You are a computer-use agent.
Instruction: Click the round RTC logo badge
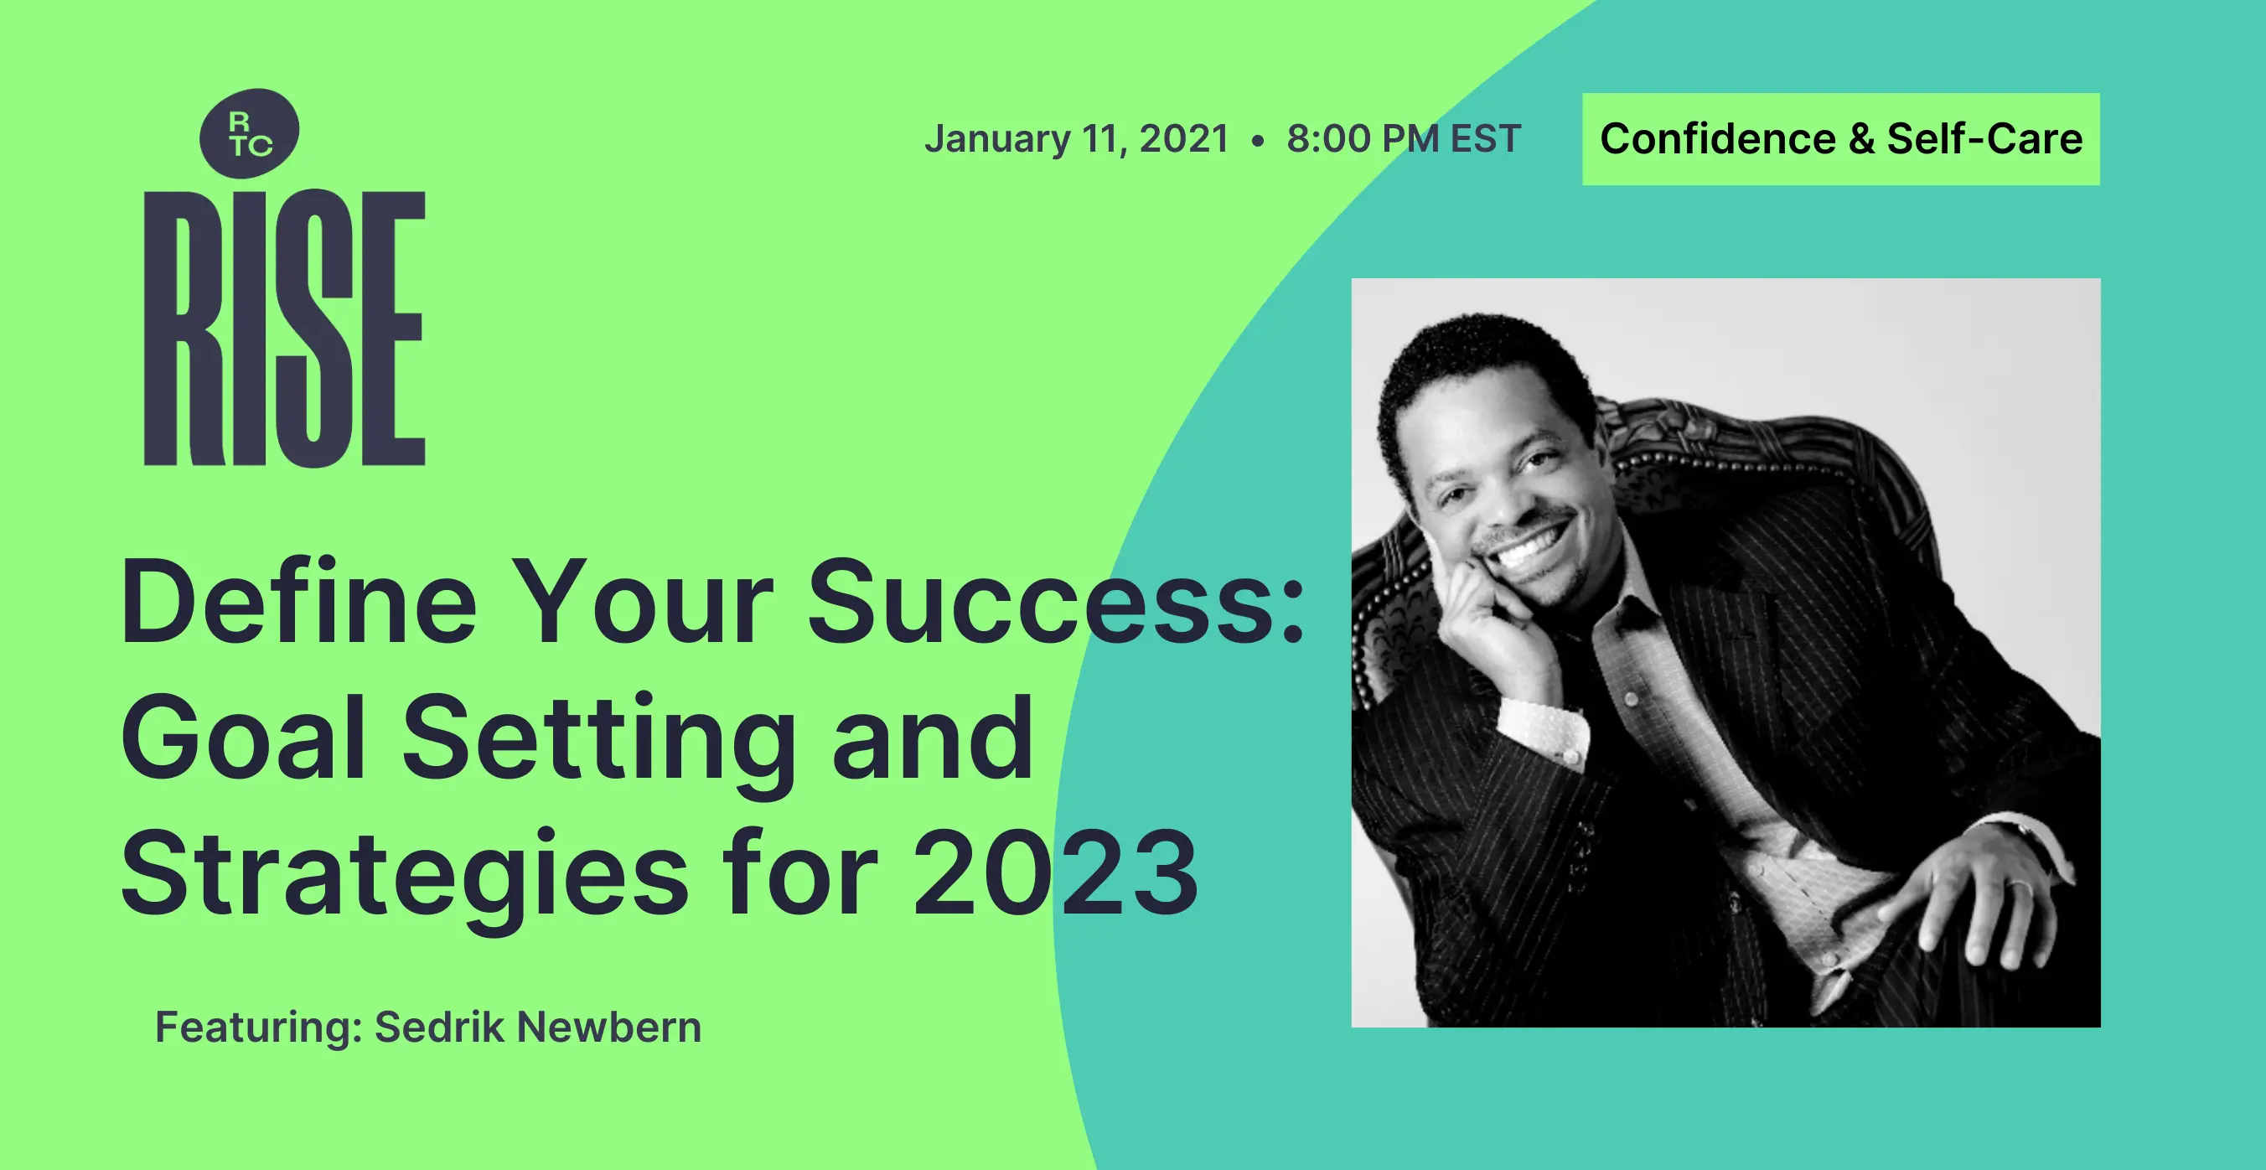pos(250,132)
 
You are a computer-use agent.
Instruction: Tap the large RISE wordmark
pos(284,327)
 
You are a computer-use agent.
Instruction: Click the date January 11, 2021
pos(1077,140)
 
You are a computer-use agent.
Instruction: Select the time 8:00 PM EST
pos(1404,139)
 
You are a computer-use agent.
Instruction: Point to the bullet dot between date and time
pos(1258,141)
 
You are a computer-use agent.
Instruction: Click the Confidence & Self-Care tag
pos(1841,139)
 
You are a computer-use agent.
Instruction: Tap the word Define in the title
pos(299,602)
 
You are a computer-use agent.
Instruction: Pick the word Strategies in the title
pos(405,881)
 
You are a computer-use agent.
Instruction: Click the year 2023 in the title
pos(1057,873)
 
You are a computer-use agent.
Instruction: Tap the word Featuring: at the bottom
pos(259,1028)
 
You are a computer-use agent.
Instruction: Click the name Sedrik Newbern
pos(538,1027)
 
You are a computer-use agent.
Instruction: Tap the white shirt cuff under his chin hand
pos(1544,729)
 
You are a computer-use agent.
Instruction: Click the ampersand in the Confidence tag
pos(1861,139)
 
